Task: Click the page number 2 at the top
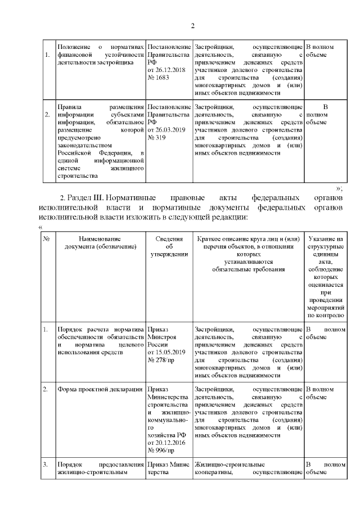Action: tap(193, 26)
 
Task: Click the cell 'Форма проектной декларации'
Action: tap(93, 389)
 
